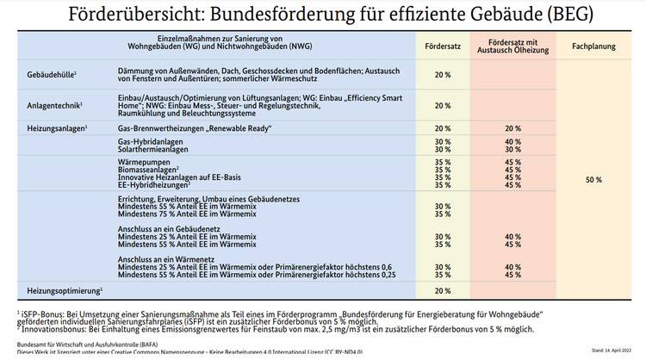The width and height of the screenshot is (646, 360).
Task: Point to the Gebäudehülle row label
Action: click(52, 75)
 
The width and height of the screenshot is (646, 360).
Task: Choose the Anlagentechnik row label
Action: click(53, 105)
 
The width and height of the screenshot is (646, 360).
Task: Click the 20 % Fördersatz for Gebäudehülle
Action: click(443, 75)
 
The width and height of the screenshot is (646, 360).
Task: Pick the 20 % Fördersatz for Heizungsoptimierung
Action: click(443, 291)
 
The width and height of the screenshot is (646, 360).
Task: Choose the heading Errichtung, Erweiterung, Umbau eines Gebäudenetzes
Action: click(208, 199)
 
